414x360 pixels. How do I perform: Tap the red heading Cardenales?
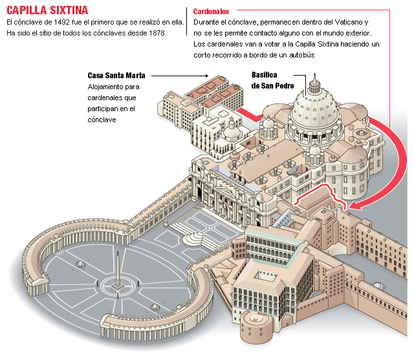pos(212,12)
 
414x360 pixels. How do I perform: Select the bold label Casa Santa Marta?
pos(115,75)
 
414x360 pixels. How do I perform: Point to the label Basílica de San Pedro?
pos(272,80)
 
